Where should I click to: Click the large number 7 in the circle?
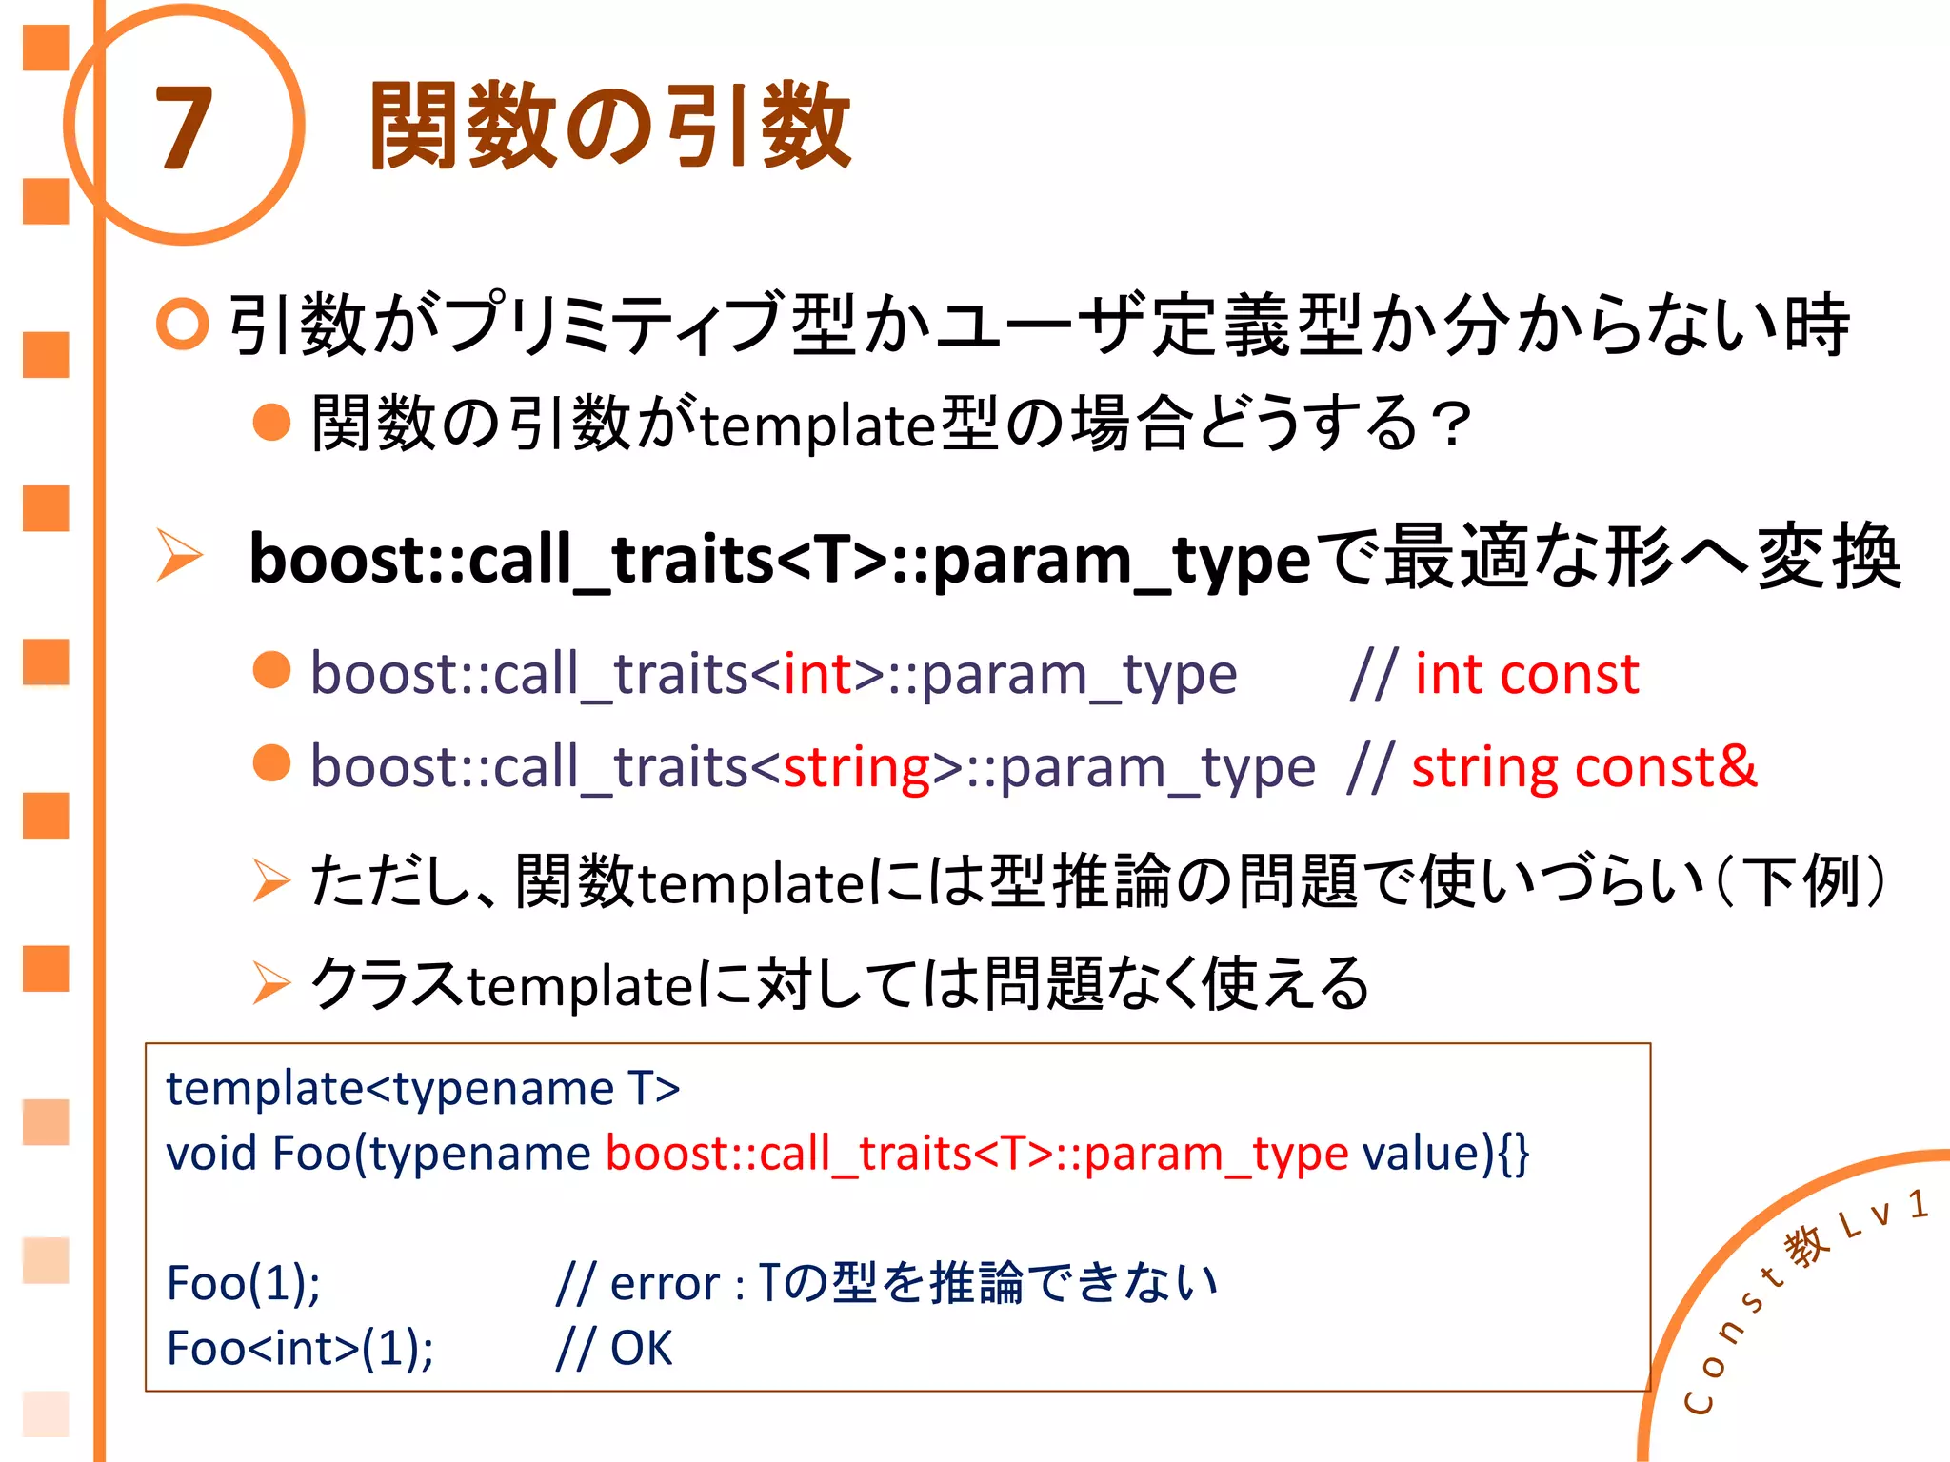pos(183,127)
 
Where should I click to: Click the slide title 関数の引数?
pos(609,127)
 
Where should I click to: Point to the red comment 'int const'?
pos(1526,674)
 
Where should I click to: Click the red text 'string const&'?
pos(1583,767)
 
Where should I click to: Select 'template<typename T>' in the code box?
pos(423,1088)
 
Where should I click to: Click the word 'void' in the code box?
pos(210,1153)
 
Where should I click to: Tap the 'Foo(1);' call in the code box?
pos(244,1283)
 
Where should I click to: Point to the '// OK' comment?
pos(614,1348)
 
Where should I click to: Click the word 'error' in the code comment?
pos(665,1283)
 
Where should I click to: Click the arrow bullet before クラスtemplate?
pos(271,983)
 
